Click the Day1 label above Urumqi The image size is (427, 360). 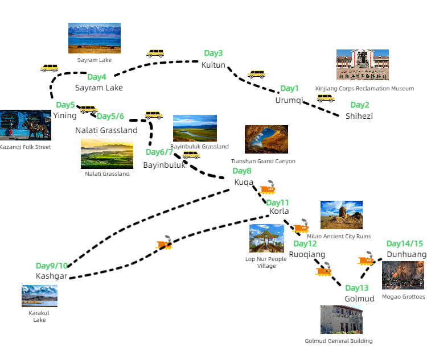click(289, 89)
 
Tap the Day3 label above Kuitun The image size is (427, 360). click(213, 53)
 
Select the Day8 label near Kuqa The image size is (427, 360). click(242, 171)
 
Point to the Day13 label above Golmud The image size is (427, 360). click(357, 288)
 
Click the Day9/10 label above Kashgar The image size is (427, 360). click(52, 266)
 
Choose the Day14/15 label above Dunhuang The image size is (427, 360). click(405, 243)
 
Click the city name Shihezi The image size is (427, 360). click(359, 116)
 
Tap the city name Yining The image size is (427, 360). click(64, 115)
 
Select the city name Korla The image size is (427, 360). click(279, 211)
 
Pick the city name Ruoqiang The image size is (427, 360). click(307, 254)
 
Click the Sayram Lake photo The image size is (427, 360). click(95, 38)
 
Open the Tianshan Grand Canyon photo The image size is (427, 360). click(266, 139)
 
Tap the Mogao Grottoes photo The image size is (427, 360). click(403, 275)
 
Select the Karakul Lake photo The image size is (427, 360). click(39, 296)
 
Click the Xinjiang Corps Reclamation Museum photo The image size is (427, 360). click(363, 65)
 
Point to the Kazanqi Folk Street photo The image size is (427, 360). click(25, 125)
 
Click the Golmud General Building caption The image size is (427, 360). click(338, 341)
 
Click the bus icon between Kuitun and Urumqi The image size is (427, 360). click(257, 74)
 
